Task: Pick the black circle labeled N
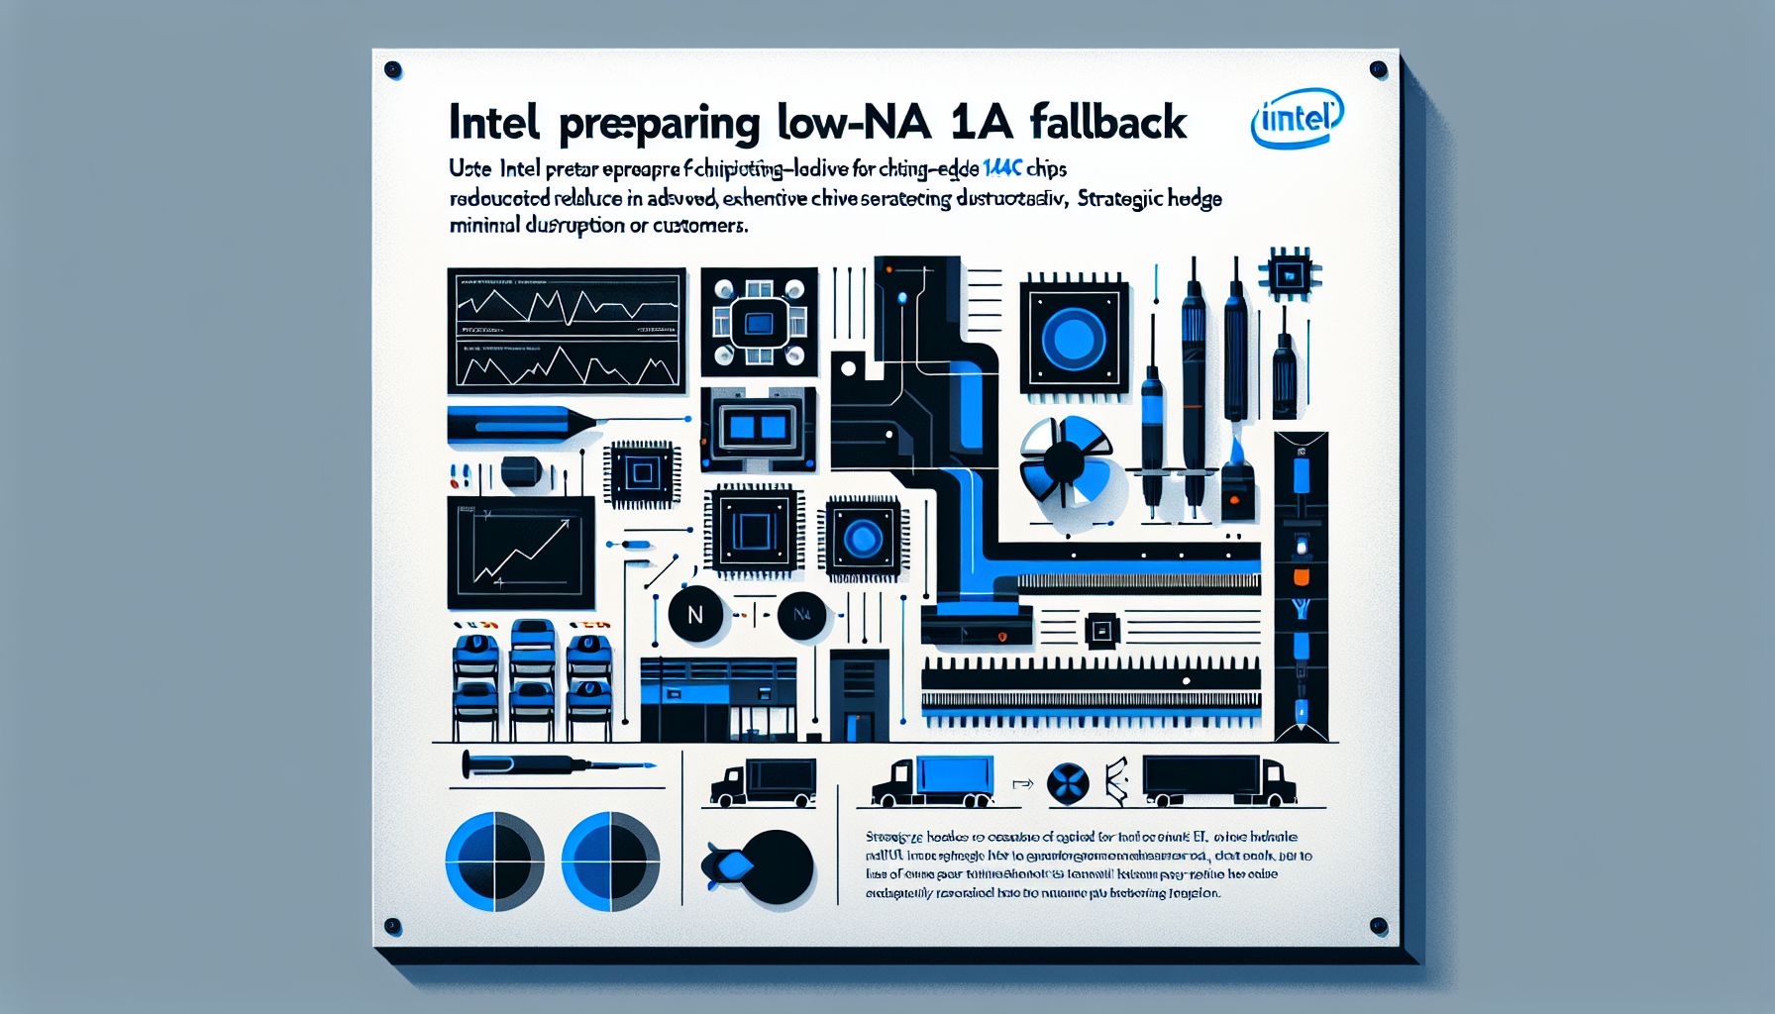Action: pos(694,614)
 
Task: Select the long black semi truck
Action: pos(1219,780)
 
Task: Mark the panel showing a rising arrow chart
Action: pos(520,553)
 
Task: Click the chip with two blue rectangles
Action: pos(758,428)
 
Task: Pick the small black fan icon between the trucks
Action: pos(1068,784)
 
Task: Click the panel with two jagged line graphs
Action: pos(567,330)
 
